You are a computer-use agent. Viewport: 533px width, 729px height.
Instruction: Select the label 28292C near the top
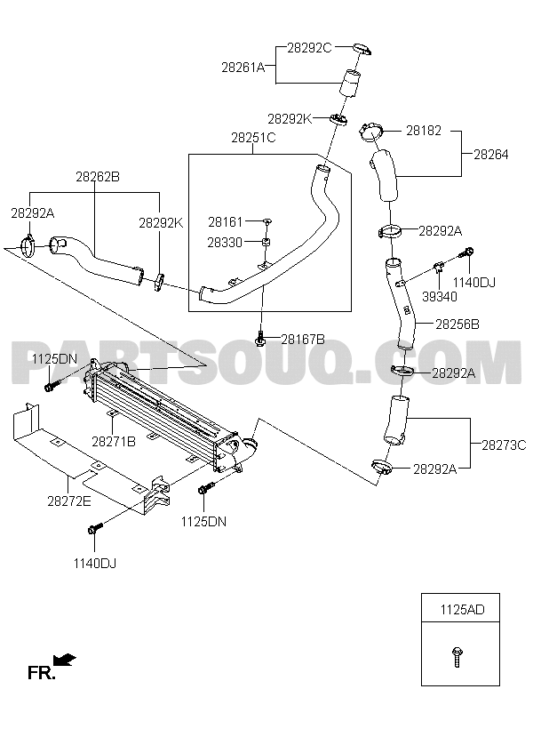(x=309, y=48)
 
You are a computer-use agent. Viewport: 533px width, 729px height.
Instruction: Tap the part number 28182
(x=424, y=130)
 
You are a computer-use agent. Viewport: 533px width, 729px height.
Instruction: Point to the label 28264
(x=490, y=154)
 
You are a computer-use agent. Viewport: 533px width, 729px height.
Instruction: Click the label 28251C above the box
(x=253, y=138)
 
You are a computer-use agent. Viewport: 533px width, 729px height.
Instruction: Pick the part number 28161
(x=226, y=221)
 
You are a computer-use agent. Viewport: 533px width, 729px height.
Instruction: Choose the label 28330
(x=226, y=241)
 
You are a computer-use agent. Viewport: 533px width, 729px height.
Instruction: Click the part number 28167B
(x=303, y=339)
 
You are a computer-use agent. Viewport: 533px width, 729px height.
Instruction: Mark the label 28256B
(x=457, y=325)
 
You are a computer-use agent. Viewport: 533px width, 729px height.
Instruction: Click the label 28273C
(x=504, y=444)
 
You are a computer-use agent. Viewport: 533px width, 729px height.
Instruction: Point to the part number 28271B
(x=113, y=441)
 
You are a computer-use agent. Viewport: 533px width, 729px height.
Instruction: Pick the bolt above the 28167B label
(x=261, y=338)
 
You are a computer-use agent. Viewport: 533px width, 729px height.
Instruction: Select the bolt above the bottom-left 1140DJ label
(x=95, y=530)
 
